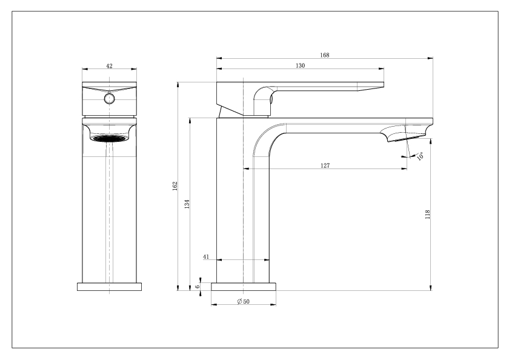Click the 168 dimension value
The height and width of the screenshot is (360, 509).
tap(325, 55)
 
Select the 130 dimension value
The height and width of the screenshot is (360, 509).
tap(301, 65)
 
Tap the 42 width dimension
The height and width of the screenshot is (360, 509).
tap(110, 66)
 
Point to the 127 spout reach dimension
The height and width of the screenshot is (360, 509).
tap(325, 165)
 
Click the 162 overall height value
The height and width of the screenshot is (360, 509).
tap(175, 186)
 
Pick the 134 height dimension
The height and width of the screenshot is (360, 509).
tap(187, 204)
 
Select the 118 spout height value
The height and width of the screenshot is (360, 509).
tap(427, 215)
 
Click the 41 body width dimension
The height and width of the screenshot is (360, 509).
tap(206, 257)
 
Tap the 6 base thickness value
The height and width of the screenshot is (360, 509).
tap(198, 287)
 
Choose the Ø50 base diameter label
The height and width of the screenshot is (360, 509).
tap(244, 301)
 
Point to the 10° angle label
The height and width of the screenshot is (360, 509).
tap(420, 156)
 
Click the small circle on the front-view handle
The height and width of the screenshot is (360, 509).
tap(110, 99)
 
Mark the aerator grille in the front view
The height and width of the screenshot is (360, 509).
tap(110, 138)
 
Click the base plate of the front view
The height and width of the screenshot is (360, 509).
tap(110, 287)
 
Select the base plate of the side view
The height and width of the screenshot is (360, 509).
tap(244, 287)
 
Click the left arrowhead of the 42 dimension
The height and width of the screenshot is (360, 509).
tap(85, 69)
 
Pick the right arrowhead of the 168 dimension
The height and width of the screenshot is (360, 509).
tap(430, 58)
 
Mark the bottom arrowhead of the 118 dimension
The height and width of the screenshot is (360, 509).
tap(430, 288)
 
